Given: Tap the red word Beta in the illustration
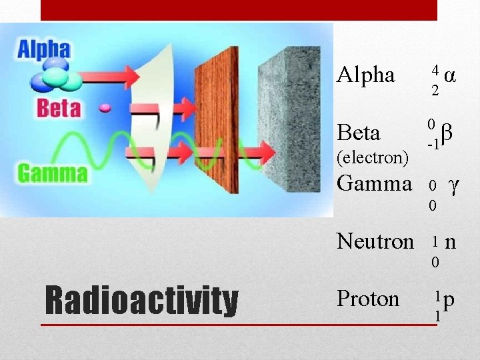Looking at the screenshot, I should (59, 108).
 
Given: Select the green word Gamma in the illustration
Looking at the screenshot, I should (52, 173).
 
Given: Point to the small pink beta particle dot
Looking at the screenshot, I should (104, 107).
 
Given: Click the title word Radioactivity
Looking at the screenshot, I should (141, 301).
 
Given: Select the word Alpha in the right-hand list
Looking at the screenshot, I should (366, 75).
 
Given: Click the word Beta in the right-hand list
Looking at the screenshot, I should (359, 133).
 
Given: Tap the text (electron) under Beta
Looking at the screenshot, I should (373, 157).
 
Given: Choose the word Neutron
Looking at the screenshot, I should (375, 241).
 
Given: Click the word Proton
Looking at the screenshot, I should (368, 299).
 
